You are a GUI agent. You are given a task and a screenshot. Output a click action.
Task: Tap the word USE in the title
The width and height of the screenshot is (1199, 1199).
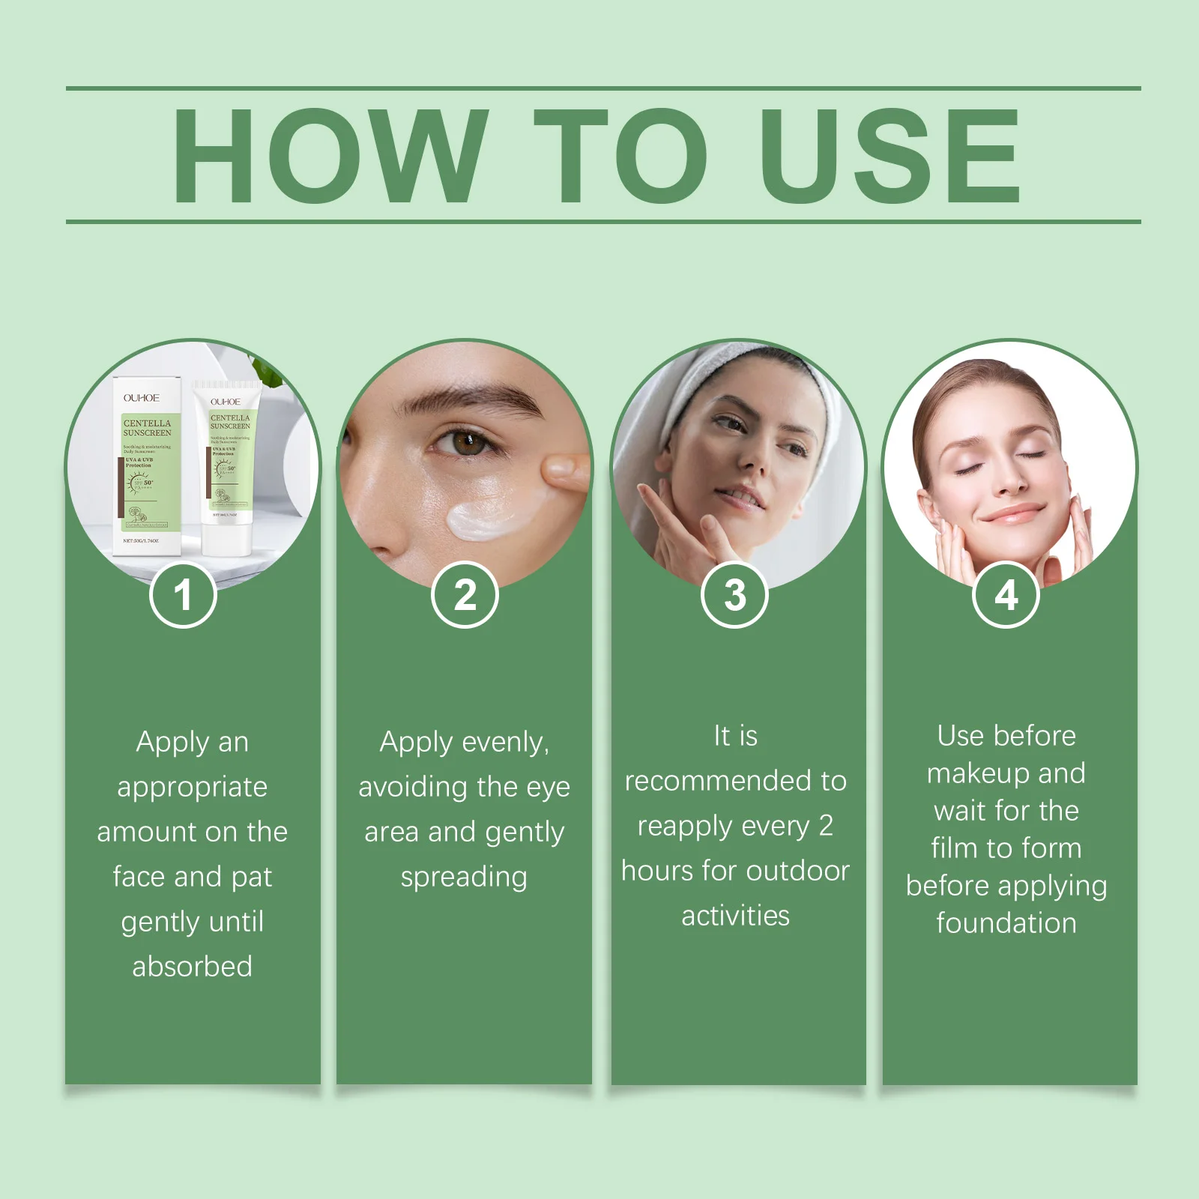coord(890,155)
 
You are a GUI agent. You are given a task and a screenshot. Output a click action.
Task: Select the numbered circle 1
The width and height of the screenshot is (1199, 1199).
coord(183,595)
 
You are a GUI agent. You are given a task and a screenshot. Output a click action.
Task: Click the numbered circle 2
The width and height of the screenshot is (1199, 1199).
coord(465,595)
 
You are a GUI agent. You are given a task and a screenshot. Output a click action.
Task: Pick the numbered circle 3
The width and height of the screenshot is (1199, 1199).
coord(735,595)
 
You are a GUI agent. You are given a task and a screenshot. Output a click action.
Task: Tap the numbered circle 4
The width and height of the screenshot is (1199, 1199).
coord(1006,595)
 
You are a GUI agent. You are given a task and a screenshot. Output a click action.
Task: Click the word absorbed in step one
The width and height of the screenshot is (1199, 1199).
coord(192,967)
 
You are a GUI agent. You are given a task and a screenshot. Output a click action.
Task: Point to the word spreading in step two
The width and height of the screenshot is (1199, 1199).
coord(464,877)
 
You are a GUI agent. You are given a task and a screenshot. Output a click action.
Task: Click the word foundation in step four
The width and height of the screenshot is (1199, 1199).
coord(1006,923)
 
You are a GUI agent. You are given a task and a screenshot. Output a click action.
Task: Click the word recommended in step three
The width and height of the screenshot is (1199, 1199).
coord(719,781)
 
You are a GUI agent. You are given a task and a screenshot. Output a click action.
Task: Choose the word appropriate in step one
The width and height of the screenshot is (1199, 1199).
coord(192,788)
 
